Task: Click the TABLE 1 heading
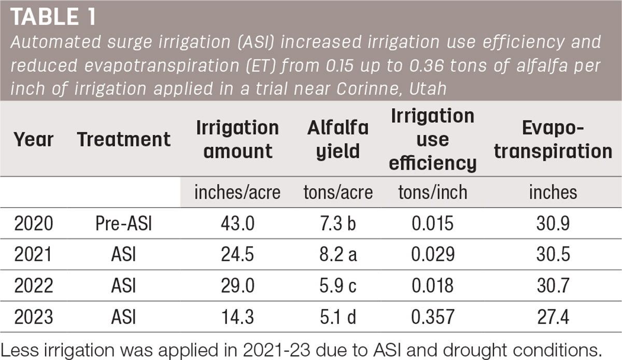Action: click(53, 17)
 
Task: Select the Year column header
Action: click(34, 139)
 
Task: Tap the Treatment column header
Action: click(124, 139)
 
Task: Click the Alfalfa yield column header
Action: click(338, 139)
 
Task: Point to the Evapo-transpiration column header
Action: click(553, 139)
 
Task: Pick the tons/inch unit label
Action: click(433, 192)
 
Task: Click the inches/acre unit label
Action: click(237, 192)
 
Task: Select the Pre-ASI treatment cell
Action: click(123, 223)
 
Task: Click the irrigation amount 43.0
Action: click(238, 223)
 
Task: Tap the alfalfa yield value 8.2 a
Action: click(338, 254)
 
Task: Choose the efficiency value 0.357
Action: click(433, 317)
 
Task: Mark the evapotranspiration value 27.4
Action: click(553, 317)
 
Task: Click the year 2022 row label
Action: click(34, 286)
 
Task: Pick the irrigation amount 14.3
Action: click(238, 317)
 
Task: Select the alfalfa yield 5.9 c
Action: click(338, 286)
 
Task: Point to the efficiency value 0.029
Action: click(433, 254)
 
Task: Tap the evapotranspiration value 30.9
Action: click(553, 223)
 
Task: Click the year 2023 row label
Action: click(34, 317)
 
